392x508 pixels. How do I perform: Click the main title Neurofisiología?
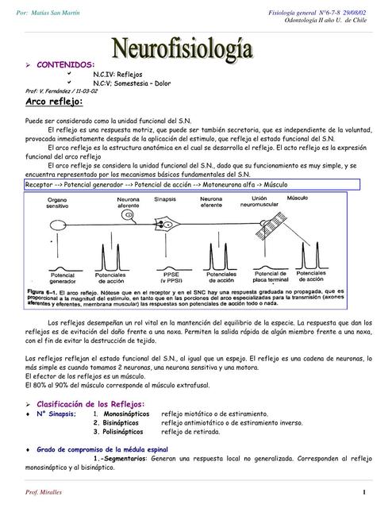[194, 49]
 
